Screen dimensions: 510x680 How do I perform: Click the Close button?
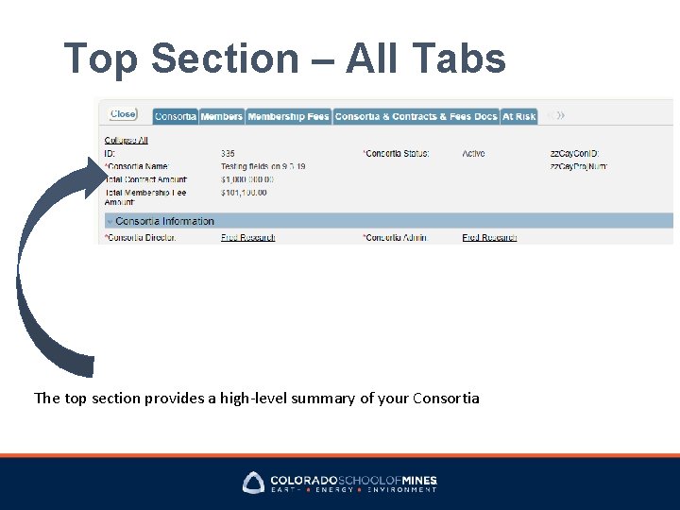[x=123, y=114]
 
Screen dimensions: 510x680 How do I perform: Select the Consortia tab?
[x=175, y=116]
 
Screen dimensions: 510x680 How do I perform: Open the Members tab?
[x=222, y=116]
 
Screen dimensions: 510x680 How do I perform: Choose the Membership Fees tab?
[x=288, y=116]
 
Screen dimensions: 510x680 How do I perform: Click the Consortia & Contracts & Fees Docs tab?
[x=416, y=116]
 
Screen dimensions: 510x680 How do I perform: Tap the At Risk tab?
[x=518, y=116]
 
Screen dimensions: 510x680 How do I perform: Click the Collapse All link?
[x=126, y=141]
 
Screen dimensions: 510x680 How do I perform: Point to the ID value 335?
[x=228, y=153]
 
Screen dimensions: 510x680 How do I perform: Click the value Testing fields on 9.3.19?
[x=263, y=166]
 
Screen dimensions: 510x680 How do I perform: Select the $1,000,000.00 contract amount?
[x=247, y=179]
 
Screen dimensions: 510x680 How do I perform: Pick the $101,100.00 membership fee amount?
[x=244, y=193]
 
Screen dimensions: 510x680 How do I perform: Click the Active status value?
[x=473, y=153]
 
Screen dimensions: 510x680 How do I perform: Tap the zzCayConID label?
[x=574, y=153]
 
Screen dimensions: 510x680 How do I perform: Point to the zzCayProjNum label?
[x=578, y=166]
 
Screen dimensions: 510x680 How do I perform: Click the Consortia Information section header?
[x=164, y=221]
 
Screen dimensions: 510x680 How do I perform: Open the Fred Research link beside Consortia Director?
[x=247, y=237]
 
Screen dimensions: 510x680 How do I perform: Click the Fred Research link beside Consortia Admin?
[x=489, y=237]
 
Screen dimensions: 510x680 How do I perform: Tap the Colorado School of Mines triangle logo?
[x=254, y=483]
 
